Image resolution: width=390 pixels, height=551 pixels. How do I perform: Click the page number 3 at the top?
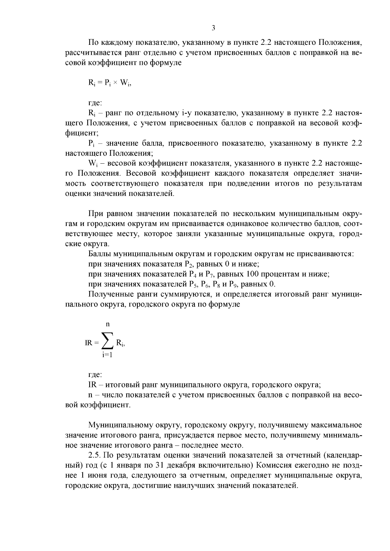click(x=213, y=28)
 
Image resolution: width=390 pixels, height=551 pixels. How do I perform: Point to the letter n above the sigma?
click(x=108, y=324)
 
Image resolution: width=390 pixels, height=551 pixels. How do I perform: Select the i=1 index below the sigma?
click(x=107, y=355)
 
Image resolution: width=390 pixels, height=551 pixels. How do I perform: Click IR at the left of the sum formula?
click(x=89, y=343)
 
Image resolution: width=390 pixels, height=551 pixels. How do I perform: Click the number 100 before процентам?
click(x=252, y=274)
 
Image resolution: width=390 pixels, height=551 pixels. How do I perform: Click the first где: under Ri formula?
click(x=95, y=103)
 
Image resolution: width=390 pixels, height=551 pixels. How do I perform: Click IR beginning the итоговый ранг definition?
click(x=92, y=385)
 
